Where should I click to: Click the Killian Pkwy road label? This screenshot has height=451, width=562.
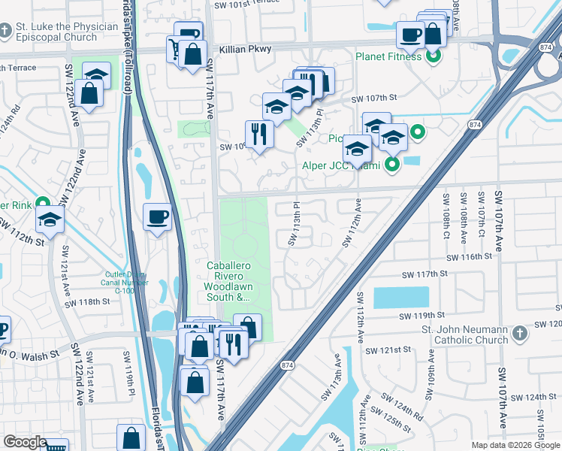coord(246,49)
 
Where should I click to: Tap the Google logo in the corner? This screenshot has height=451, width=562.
coord(26,442)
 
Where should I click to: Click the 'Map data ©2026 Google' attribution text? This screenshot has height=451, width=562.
coord(515,445)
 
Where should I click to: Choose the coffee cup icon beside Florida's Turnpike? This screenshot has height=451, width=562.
coord(157,217)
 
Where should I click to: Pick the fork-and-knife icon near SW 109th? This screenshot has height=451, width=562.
coord(259,135)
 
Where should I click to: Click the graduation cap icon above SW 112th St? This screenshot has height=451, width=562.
coord(50,219)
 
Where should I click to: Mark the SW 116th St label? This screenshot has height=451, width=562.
coord(467,256)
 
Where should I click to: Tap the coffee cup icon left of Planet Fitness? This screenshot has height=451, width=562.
coord(411,35)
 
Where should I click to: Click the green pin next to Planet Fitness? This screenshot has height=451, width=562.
coord(433,55)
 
